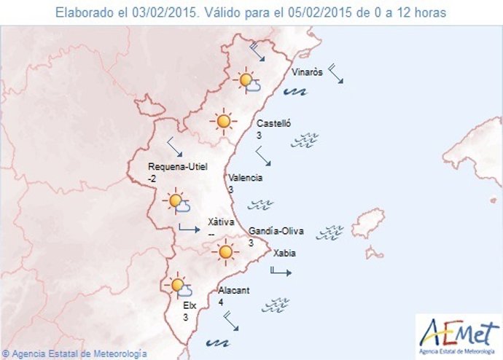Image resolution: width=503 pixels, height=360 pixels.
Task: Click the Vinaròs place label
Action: click(x=306, y=73)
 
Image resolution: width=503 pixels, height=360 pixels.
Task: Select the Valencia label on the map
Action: click(x=245, y=178)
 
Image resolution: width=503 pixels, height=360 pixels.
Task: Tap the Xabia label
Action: click(x=284, y=254)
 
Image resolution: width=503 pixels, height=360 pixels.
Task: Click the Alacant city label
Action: click(x=234, y=290)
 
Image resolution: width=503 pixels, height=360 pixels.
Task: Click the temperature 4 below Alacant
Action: click(x=221, y=302)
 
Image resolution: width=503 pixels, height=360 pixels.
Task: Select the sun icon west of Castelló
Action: click(x=222, y=121)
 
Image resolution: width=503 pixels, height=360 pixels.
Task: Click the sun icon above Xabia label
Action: click(x=225, y=252)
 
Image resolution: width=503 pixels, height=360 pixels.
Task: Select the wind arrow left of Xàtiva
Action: click(x=189, y=229)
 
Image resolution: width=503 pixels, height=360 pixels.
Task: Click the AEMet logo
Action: click(x=458, y=333)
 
